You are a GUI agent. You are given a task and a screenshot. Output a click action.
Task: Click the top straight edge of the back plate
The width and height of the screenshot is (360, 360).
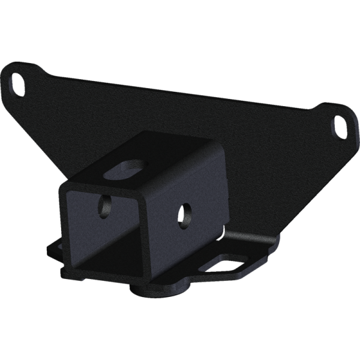(180, 90)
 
